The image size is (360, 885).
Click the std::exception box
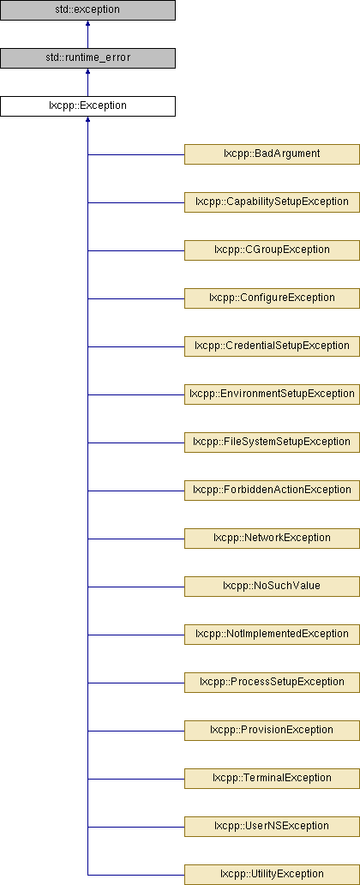pos(87,10)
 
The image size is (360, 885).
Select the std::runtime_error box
pos(87,58)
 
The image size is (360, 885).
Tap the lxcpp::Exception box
pos(87,106)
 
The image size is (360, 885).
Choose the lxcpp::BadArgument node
pos(272,154)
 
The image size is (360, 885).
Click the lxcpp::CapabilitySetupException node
pos(272,202)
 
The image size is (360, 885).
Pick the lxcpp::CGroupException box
pos(272,250)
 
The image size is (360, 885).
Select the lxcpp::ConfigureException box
pos(272,298)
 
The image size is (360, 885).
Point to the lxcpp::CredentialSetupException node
pos(272,346)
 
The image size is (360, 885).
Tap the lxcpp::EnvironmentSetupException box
pos(272,394)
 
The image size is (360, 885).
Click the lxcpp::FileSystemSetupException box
pos(272,442)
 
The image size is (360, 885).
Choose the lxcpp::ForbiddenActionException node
pos(272,490)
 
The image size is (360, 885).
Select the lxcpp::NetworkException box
pos(272,538)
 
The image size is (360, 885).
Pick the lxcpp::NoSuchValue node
pos(272,586)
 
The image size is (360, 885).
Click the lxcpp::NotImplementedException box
pos(272,634)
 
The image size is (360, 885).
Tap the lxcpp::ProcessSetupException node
pos(272,682)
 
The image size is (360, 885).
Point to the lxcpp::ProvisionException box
pos(272,730)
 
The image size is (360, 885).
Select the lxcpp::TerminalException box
pos(272,778)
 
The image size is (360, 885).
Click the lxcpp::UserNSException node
pos(272,826)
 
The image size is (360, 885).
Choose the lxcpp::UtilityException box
pos(272,874)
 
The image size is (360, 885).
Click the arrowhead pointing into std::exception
pos(87,24)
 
